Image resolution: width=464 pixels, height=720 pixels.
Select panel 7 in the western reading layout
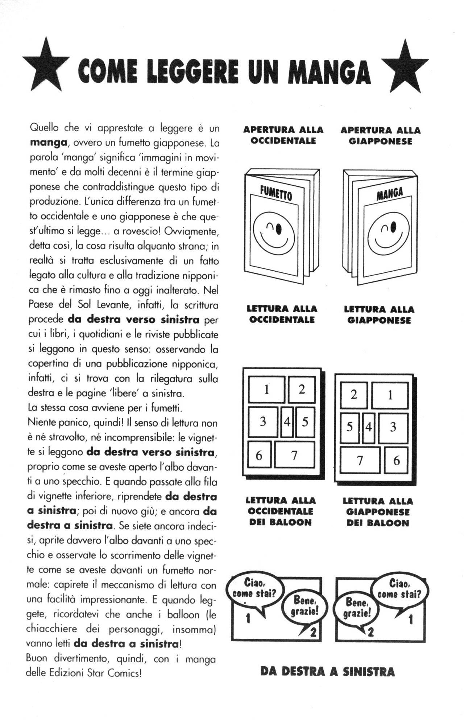[x=294, y=454]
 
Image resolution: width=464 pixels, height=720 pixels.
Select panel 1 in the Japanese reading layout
[x=390, y=395]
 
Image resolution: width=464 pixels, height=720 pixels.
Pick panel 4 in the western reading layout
[x=287, y=422]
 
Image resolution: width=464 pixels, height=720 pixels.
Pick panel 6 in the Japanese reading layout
[x=396, y=460]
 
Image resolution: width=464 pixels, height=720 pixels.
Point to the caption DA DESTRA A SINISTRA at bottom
[x=327, y=671]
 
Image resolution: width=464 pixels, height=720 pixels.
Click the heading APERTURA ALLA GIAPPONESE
[x=380, y=136]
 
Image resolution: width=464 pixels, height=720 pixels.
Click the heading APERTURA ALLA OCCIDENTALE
[x=283, y=135]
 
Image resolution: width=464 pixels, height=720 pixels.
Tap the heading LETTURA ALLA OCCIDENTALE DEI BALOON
[x=280, y=511]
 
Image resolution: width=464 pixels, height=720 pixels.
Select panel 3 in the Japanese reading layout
[x=393, y=427]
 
